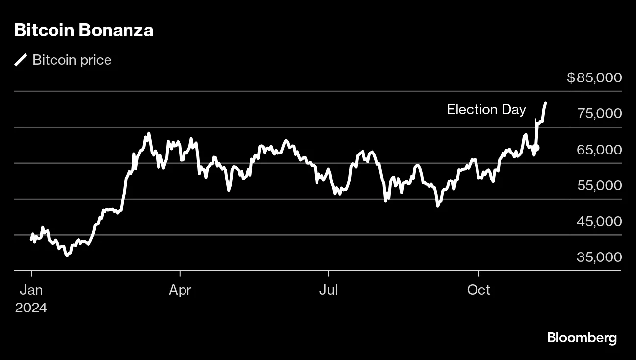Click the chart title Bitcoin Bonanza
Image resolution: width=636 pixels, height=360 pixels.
point(83,30)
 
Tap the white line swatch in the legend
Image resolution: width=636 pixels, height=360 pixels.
point(21,60)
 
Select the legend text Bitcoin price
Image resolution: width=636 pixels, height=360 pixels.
point(72,60)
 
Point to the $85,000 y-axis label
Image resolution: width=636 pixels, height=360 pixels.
point(594,77)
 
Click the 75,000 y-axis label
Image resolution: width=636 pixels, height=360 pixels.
point(599,113)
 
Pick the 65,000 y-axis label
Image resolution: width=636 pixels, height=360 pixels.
point(599,149)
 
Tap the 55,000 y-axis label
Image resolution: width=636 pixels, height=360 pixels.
point(599,185)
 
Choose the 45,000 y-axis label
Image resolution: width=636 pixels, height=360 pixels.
point(599,221)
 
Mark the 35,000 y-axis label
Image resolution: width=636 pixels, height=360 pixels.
point(599,257)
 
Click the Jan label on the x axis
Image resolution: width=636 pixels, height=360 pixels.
point(31,290)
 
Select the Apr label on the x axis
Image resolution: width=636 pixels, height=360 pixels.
point(180,290)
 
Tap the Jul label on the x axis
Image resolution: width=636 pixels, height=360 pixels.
point(328,290)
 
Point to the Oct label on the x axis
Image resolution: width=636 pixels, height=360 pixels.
point(478,290)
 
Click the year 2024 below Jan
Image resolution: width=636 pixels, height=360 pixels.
point(31,308)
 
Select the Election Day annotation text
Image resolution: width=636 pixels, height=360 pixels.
point(486,109)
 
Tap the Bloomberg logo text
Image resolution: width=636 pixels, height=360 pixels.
point(582,338)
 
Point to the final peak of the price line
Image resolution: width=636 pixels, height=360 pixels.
point(546,103)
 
